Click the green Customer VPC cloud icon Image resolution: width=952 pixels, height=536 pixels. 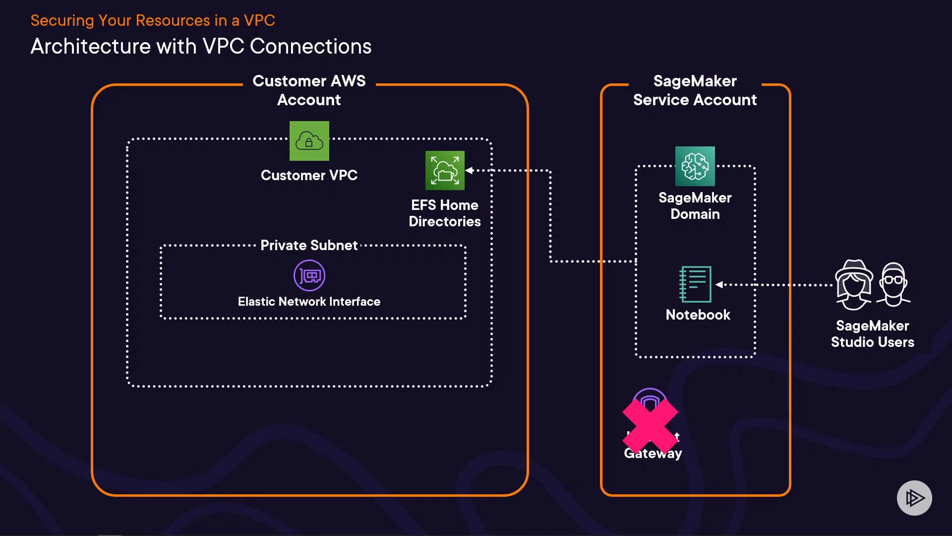pos(309,141)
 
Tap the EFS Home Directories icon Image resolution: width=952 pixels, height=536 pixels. pos(445,170)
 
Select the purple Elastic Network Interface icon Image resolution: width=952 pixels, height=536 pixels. pos(309,275)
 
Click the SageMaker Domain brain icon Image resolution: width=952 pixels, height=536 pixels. pos(695,166)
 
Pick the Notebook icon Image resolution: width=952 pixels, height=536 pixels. pos(695,284)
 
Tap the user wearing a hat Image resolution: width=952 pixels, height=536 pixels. pos(853,285)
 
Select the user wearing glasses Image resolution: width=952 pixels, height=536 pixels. pos(893,284)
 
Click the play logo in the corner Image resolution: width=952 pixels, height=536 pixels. pos(914,498)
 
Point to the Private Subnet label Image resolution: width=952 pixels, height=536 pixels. pos(309,245)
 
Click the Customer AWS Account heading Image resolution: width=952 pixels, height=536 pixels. pos(309,90)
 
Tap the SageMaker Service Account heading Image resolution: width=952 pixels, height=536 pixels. pos(695,90)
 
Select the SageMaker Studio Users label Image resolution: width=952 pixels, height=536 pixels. pos(872,334)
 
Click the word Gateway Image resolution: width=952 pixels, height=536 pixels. pos(653,453)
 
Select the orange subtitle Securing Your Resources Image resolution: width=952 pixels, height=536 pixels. pos(153,20)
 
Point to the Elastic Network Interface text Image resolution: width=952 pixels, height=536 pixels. pos(309,301)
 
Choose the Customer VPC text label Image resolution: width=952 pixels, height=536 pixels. pos(309,175)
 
